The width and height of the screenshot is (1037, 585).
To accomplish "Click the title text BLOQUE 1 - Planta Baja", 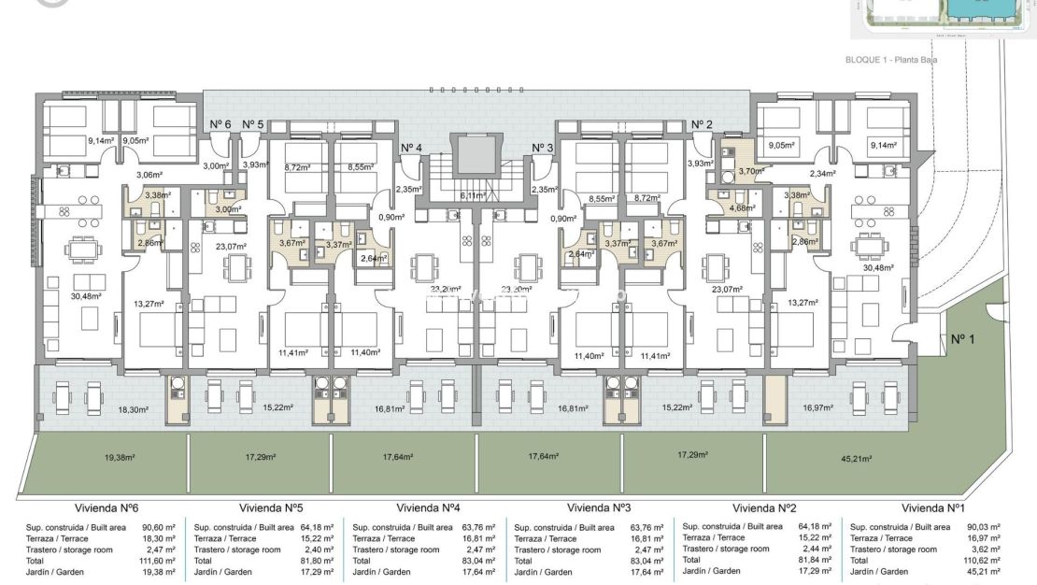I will click(x=890, y=60).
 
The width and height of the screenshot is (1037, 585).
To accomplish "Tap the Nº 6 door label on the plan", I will click(x=220, y=123).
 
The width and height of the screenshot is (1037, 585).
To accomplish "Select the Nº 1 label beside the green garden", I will click(x=962, y=339).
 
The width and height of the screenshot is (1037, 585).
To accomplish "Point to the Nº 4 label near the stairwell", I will click(x=412, y=148).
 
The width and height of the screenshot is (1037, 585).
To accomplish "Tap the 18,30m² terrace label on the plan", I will click(x=134, y=409).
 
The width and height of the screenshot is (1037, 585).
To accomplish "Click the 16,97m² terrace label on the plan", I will click(x=817, y=407).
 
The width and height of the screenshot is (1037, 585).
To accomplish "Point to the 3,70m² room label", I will click(x=750, y=171).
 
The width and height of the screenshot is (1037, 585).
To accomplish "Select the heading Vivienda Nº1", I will click(x=933, y=507).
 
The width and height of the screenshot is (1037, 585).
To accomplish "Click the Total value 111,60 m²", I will click(x=159, y=561).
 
